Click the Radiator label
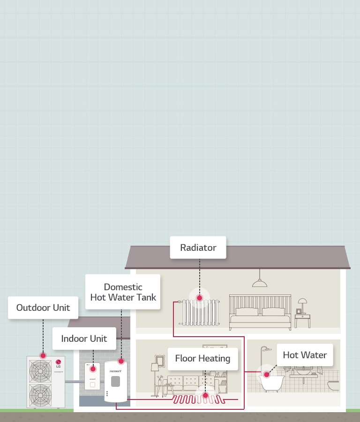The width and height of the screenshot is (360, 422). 198,248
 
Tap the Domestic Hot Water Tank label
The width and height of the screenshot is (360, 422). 123,292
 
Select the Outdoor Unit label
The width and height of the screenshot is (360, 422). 43,308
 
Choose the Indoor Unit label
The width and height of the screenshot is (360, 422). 84,339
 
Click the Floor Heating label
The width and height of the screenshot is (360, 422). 202,359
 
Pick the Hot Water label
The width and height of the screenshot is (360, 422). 305,355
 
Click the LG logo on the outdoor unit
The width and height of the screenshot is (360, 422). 59,362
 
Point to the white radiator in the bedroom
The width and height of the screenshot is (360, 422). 199,312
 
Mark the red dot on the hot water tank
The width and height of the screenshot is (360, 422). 121,362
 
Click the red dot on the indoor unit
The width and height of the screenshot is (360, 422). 93,369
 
